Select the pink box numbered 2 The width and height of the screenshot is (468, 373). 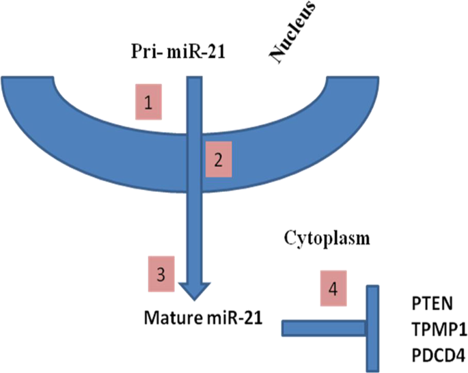click(x=218, y=161)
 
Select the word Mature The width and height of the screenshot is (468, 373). click(x=167, y=318)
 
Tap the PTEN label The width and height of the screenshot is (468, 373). click(x=430, y=302)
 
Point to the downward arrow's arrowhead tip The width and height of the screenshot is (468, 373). click(x=195, y=299)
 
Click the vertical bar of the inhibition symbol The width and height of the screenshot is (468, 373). click(x=372, y=328)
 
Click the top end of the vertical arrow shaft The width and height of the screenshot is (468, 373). click(x=195, y=81)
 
